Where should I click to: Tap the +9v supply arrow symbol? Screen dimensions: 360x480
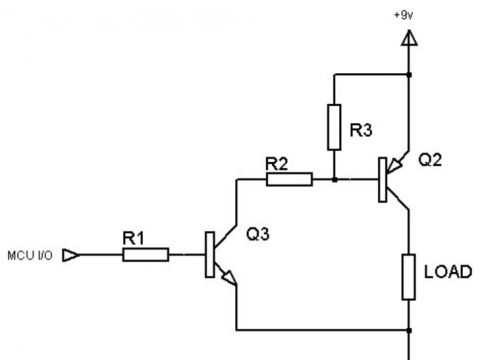pos(409,39)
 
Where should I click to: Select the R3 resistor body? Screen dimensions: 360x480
pos(335,127)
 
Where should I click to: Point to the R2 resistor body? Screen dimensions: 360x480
pos(289,179)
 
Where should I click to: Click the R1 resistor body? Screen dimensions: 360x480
pos(145,254)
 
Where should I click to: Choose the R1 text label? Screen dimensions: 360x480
pos(133,238)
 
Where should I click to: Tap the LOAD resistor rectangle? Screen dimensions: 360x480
pos(409,276)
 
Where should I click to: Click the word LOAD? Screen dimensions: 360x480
pos(448,272)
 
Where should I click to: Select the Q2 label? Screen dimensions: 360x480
pos(430,159)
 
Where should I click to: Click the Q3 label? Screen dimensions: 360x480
pos(258,234)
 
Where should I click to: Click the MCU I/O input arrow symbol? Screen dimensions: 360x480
pos(70,255)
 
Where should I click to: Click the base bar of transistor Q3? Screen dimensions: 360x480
pos(209,255)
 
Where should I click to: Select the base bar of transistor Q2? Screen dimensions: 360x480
pos(382,179)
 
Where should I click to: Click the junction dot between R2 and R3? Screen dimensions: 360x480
pos(334,179)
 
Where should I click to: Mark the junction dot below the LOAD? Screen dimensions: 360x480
pos(409,329)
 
